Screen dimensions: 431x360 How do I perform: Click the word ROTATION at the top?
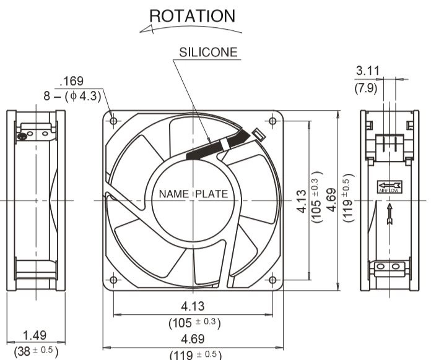[193, 16]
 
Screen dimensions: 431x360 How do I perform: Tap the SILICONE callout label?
[208, 52]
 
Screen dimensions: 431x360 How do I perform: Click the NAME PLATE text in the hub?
[193, 194]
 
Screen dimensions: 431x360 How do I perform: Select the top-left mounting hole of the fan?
[113, 121]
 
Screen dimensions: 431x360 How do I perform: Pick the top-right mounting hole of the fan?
[272, 121]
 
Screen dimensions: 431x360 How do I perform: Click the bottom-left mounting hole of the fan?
[113, 280]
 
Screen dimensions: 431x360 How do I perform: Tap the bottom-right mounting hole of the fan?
[272, 280]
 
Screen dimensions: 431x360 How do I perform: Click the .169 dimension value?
[71, 81]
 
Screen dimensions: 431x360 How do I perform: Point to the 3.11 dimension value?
[367, 71]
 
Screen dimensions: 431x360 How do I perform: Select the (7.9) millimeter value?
[366, 88]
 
